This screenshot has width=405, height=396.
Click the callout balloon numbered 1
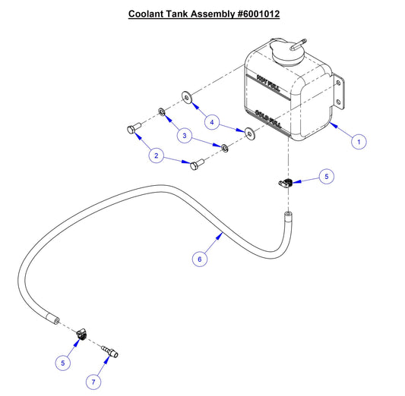pyautogui.click(x=360, y=140)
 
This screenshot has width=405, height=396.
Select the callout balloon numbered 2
pyautogui.click(x=157, y=156)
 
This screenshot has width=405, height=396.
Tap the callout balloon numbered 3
pyautogui.click(x=184, y=134)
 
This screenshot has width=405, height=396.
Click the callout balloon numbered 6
pyautogui.click(x=199, y=259)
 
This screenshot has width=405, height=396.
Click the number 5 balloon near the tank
pyautogui.click(x=326, y=177)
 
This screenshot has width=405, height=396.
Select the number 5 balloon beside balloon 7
pyautogui.click(x=65, y=362)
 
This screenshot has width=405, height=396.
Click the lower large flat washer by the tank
pyautogui.click(x=249, y=134)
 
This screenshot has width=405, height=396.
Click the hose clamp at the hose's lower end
pyautogui.click(x=82, y=332)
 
